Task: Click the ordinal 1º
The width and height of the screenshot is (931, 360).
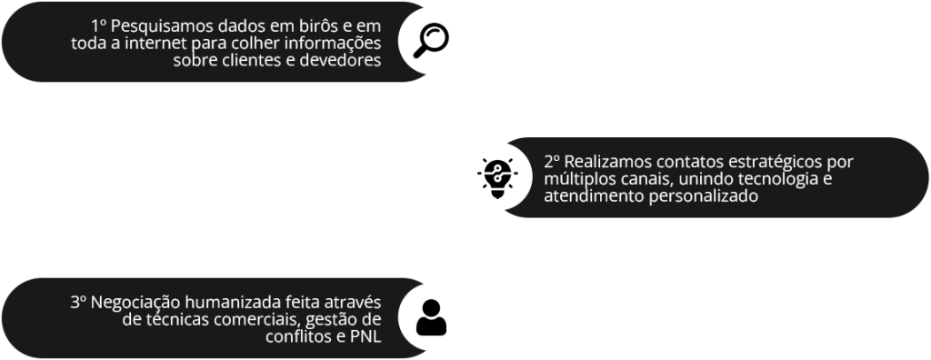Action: pos(99,26)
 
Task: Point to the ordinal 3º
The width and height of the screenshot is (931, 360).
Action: pos(75,301)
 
